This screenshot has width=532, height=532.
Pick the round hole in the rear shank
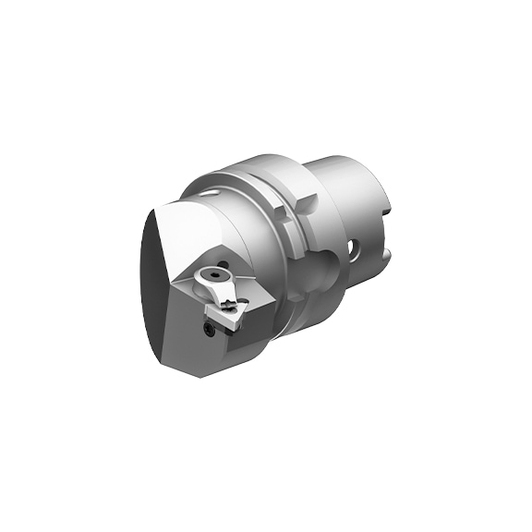[353, 247]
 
